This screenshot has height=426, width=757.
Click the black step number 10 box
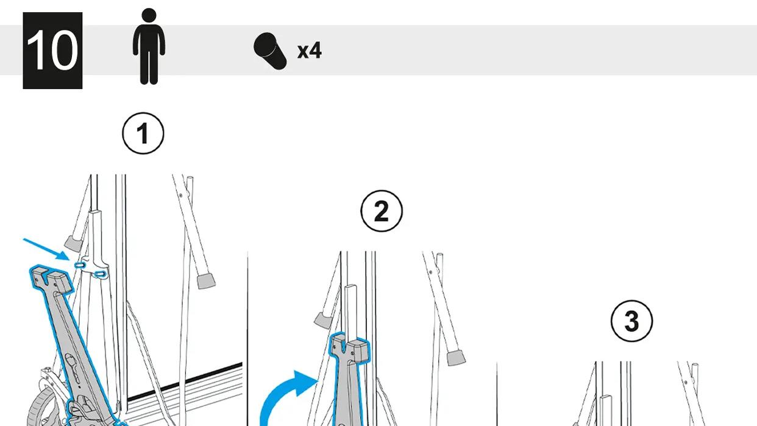[x=52, y=51]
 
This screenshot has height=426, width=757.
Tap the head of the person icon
[x=149, y=15]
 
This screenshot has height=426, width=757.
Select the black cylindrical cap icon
[x=270, y=51]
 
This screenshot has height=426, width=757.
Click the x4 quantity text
[x=310, y=51]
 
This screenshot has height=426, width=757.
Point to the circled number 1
[x=143, y=133]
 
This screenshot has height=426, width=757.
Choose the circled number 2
[x=382, y=211]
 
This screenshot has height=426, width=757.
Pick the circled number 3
[x=631, y=321]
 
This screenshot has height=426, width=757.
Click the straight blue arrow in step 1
[x=46, y=250]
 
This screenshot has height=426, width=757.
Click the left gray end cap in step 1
[x=73, y=244]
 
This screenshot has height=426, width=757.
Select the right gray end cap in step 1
[x=206, y=282]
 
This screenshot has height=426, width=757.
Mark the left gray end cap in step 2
[x=323, y=320]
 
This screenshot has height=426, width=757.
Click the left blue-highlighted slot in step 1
[x=79, y=266]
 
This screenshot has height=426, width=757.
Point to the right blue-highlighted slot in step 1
[x=100, y=274]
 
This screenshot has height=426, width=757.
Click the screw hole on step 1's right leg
[x=181, y=195]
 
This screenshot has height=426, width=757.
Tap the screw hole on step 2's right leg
[x=431, y=272]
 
